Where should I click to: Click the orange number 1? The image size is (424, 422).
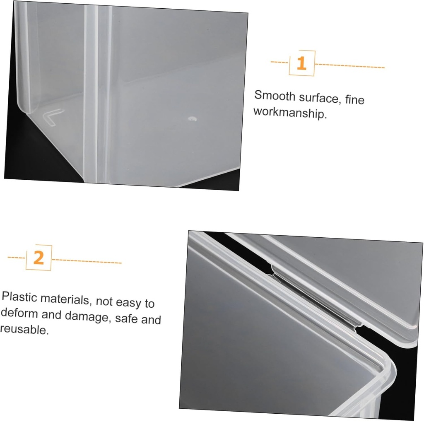302,64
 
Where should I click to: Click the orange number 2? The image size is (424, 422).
39,258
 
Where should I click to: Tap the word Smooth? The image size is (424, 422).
273,96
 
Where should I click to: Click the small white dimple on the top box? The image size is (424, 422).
192,119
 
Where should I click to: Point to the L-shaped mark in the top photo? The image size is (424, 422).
53,116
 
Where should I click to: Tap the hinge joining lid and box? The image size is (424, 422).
315,298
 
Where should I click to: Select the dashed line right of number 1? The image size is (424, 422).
350,65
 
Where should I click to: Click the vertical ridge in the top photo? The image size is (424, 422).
92,95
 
